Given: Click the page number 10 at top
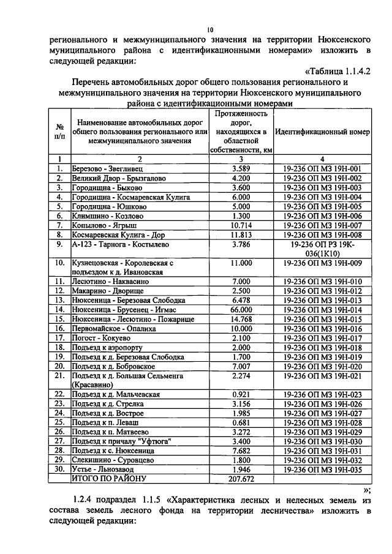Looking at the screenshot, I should click(x=210, y=29).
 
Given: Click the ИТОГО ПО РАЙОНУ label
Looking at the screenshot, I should click(x=110, y=477).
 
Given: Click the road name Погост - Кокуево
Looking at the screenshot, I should click(x=102, y=338).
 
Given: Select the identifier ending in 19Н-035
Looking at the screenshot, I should click(x=322, y=468).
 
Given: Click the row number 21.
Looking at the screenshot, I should click(x=60, y=375).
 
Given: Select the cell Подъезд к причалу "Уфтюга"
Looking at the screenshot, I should click(x=121, y=441).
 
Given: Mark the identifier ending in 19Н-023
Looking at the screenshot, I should click(x=322, y=394).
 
